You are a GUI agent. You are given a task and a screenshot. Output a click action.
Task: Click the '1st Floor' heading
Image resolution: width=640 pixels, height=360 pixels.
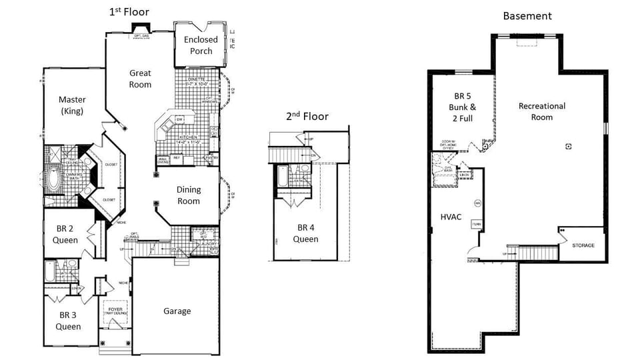[x=129, y=11]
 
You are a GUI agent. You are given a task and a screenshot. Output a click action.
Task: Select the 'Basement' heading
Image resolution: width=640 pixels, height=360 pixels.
[x=527, y=15]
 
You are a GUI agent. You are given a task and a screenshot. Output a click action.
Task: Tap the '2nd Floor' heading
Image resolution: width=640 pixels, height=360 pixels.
[x=307, y=116]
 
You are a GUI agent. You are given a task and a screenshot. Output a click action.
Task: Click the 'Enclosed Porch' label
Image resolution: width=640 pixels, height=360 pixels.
[x=201, y=45]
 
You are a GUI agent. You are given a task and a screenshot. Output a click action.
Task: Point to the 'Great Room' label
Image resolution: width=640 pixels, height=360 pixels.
[x=140, y=79]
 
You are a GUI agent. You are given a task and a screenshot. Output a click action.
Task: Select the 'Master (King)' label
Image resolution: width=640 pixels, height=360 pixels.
[x=71, y=105]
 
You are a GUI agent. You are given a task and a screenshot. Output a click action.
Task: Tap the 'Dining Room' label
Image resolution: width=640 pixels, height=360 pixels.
[x=188, y=195]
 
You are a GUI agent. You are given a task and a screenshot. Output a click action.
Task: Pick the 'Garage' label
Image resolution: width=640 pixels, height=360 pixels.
[x=177, y=311]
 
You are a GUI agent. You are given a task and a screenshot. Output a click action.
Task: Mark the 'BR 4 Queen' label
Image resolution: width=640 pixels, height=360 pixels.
[x=308, y=233]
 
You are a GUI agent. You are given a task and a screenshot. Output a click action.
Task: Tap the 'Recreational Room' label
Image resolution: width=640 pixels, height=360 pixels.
[x=541, y=111]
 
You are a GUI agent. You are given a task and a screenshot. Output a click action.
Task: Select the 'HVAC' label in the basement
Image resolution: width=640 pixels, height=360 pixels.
[x=451, y=217]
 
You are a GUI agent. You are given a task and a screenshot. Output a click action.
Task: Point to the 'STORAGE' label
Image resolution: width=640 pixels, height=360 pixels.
[x=583, y=245]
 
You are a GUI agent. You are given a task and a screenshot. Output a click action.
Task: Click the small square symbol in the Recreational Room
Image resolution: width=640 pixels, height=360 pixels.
[x=568, y=146]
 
